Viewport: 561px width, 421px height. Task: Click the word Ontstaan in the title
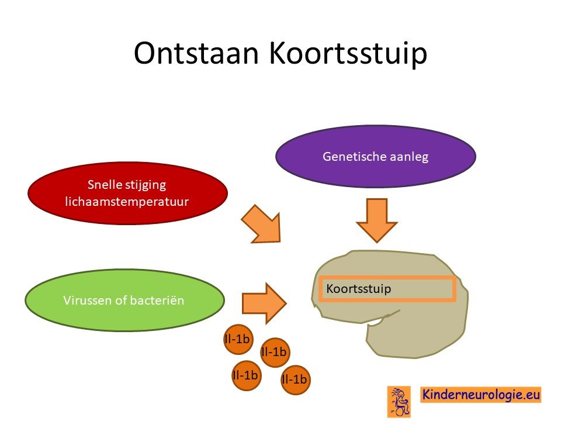196,53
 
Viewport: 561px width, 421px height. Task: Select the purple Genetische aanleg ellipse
376,157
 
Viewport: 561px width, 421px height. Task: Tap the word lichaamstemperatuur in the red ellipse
127,202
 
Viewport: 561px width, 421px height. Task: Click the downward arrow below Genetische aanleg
377,220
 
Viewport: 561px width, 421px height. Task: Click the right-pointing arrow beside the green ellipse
264,303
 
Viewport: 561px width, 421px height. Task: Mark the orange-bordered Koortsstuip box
387,288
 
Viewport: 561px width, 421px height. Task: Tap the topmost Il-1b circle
238,339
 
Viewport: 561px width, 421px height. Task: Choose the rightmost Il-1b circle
295,379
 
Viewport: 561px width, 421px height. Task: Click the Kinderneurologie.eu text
481,395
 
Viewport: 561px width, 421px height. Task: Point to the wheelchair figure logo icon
399,401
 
